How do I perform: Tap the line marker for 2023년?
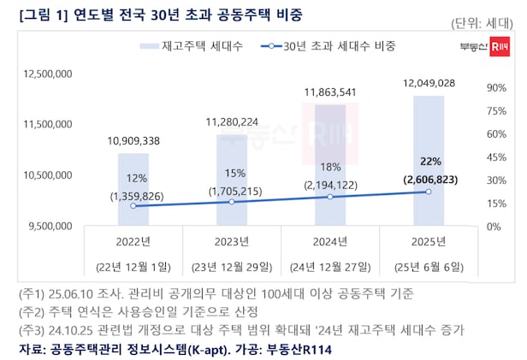232,202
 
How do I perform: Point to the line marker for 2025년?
428,192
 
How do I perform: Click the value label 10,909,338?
134,139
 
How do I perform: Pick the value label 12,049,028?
428,82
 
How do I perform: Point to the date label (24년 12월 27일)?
329,264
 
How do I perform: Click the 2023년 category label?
232,240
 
